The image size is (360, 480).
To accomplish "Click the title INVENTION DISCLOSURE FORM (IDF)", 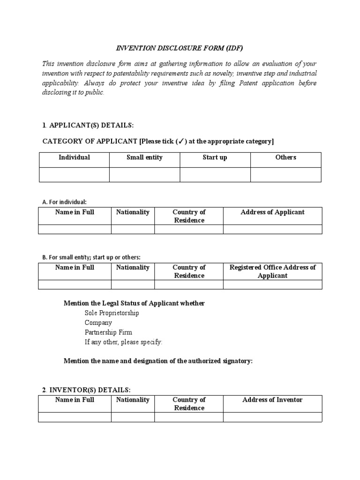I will [180, 48].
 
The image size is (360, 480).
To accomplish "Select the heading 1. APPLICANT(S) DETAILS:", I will [88, 126].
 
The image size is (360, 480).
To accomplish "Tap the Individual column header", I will [74, 157].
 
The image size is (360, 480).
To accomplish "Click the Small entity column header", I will [144, 157].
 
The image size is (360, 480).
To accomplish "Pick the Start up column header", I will [215, 157].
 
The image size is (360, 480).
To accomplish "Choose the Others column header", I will [285, 157].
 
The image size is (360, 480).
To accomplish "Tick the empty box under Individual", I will [74, 174].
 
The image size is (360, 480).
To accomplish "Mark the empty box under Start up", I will [215, 174].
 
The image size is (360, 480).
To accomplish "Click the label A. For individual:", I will [64, 202].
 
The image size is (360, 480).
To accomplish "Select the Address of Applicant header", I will [272, 212].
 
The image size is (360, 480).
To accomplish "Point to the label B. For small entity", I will [91, 257].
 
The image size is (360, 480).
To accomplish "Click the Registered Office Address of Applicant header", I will [272, 271].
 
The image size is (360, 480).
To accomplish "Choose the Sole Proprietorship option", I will [112, 313].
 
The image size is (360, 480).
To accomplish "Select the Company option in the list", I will [98, 323].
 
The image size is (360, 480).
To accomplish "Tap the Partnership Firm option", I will [108, 332].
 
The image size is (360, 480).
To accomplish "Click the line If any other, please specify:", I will [123, 342].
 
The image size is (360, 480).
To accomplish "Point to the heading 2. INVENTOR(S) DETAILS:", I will [87, 390].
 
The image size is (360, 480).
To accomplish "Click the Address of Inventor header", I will [272, 400].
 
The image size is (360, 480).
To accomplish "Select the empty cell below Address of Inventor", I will [272, 417].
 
